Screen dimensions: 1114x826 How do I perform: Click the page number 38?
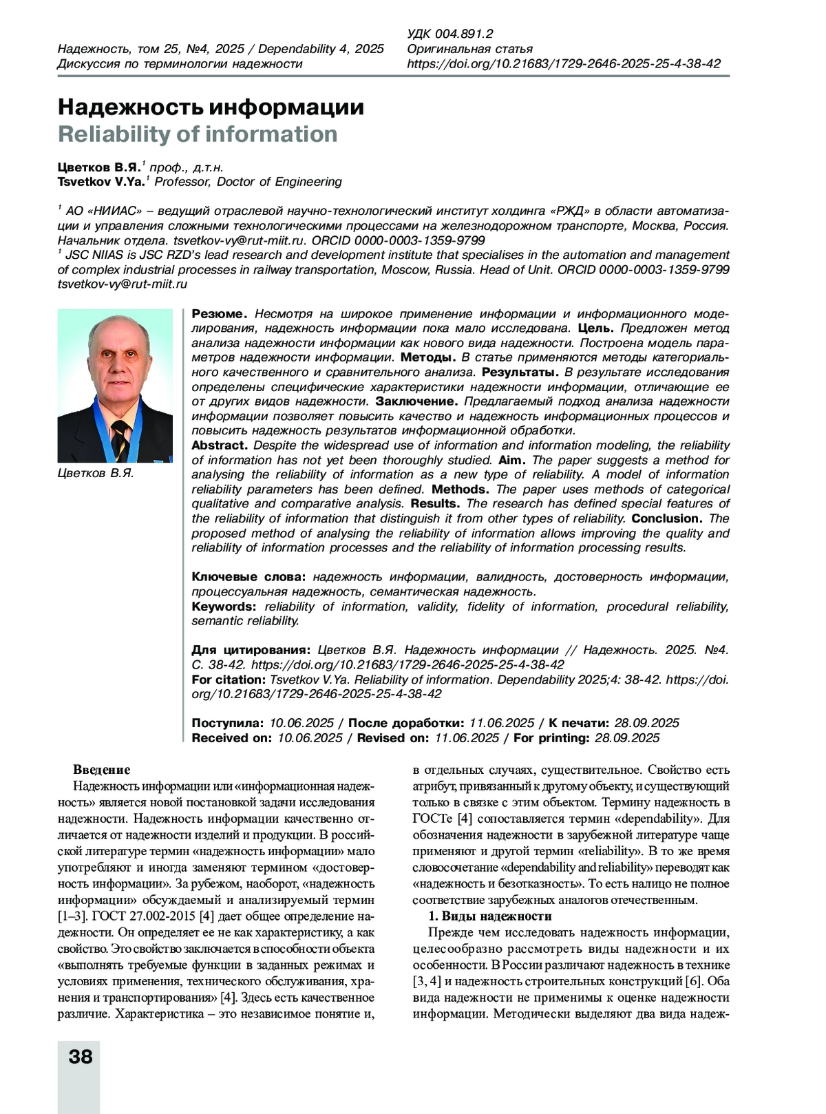81,1056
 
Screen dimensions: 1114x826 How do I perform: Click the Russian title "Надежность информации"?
211,107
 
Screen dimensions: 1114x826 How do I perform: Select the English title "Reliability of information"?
198,134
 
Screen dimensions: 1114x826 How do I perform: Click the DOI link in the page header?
564,64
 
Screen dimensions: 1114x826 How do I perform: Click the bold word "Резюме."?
218,314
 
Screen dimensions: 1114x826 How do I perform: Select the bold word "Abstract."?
220,445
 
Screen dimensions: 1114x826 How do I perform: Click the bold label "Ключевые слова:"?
248,577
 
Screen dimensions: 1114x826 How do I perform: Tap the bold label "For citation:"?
229,680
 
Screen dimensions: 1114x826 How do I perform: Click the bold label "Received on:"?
232,738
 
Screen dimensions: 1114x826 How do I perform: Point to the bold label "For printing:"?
551,738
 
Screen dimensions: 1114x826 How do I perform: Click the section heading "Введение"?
101,770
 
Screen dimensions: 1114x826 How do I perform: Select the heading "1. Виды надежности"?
490,916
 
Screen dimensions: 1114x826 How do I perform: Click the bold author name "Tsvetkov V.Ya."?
100,182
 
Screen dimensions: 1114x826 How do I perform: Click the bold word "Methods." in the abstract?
460,490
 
